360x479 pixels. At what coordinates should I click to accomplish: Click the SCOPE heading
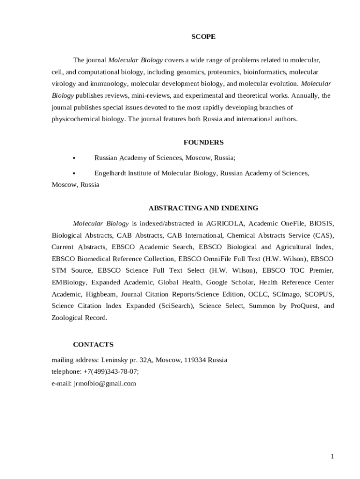(x=203, y=36)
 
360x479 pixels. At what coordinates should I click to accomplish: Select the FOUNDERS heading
(x=203, y=142)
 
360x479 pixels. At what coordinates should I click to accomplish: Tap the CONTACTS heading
(x=93, y=344)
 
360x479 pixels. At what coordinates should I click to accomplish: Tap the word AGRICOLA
(x=225, y=223)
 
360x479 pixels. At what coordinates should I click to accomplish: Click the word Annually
(x=305, y=95)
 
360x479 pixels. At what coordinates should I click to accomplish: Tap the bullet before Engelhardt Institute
(x=75, y=174)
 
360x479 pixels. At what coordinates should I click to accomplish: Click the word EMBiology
(x=69, y=282)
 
